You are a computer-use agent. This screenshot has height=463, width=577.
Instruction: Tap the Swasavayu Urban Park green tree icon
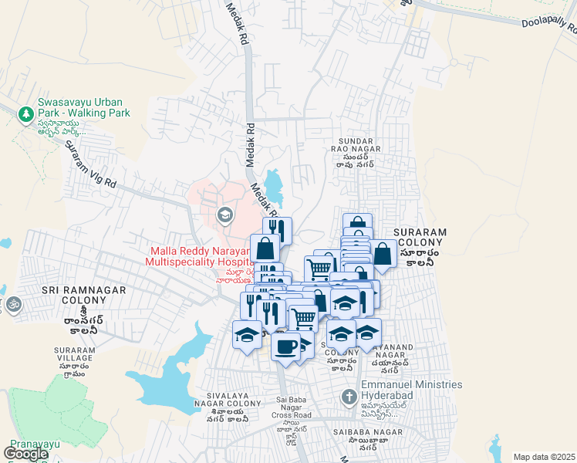click(x=25, y=113)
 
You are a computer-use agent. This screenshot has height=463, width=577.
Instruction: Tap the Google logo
click(x=25, y=454)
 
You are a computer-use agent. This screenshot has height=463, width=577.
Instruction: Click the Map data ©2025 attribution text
click(x=545, y=457)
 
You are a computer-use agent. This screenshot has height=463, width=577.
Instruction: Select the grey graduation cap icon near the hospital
click(x=225, y=214)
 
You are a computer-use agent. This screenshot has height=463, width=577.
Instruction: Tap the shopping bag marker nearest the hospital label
click(x=265, y=248)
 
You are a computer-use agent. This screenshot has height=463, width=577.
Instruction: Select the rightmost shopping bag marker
click(x=383, y=253)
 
